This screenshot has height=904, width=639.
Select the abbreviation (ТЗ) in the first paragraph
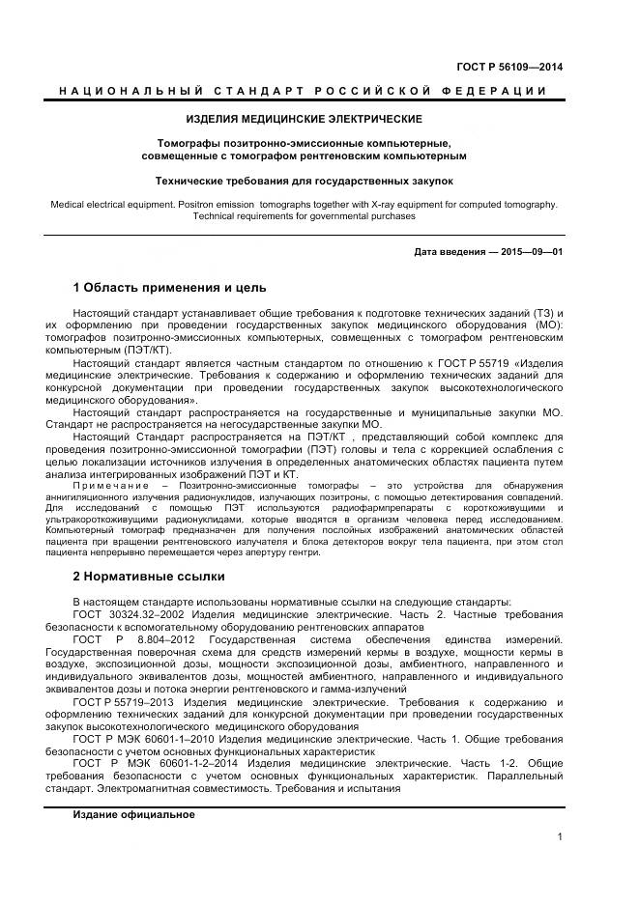[541, 315]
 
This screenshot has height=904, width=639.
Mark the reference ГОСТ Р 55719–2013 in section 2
[131, 701]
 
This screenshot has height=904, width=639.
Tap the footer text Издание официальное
[133, 814]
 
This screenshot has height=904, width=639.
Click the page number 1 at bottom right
[560, 837]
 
